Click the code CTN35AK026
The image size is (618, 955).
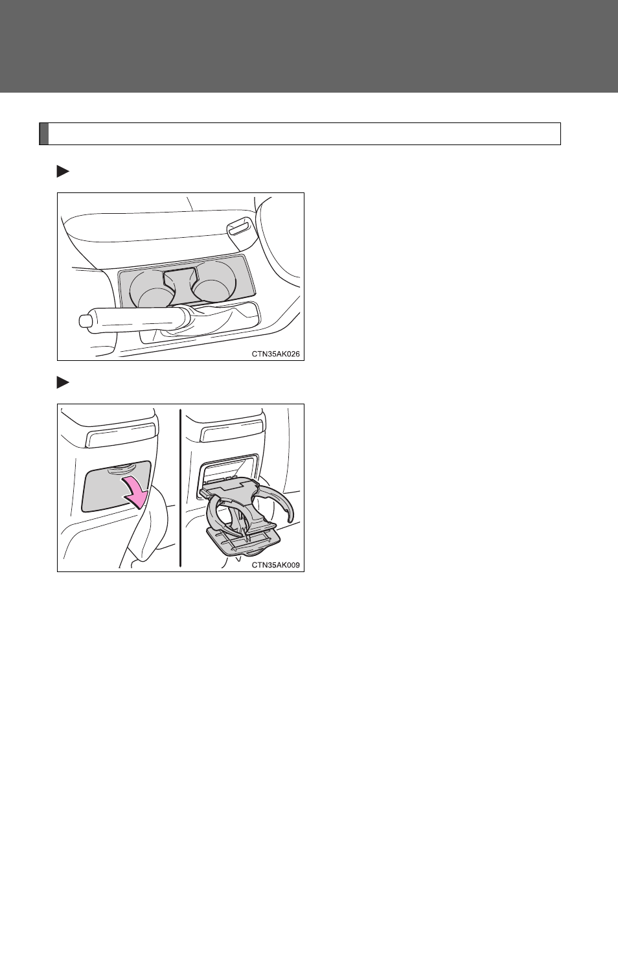click(x=276, y=354)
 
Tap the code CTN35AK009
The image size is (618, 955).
click(x=276, y=565)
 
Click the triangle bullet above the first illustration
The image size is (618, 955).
click(x=63, y=172)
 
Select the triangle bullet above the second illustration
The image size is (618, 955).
click(x=63, y=382)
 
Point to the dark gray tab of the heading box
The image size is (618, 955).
click(x=44, y=134)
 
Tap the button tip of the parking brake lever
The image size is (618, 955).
click(x=84, y=321)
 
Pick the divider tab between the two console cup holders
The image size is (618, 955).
click(x=179, y=279)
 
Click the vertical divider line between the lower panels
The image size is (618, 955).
click(x=181, y=488)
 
